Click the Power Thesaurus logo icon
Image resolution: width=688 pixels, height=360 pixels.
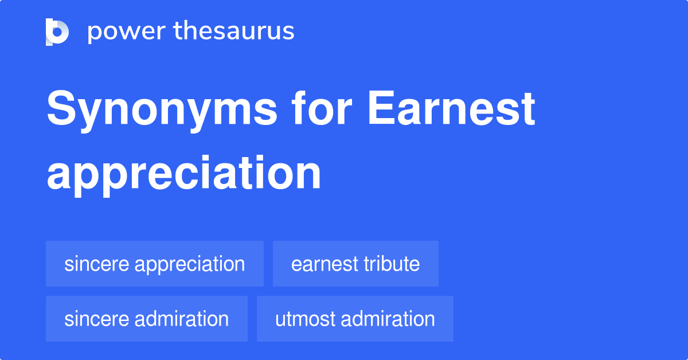[x=57, y=32]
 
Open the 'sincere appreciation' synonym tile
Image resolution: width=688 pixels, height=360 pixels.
[x=155, y=264]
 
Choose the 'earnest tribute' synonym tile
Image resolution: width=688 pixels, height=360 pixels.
[x=355, y=264]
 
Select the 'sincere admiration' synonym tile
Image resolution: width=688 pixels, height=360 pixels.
[x=147, y=319]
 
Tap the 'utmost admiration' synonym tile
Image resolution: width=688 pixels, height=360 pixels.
[x=355, y=319]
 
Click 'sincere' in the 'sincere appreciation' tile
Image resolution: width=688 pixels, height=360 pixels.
[x=96, y=264]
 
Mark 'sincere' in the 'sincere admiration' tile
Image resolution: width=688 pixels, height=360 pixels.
[x=96, y=319]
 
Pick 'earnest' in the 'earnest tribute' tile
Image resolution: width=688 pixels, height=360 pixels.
[x=323, y=264]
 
